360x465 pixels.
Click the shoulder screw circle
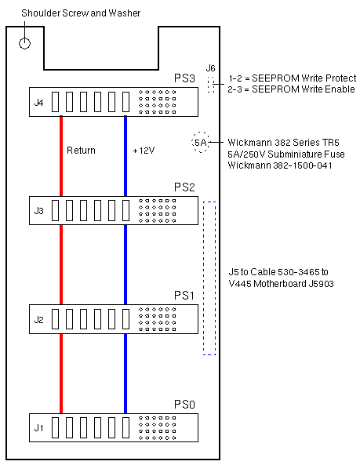[x=24, y=38]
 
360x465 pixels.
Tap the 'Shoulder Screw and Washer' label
[x=81, y=13]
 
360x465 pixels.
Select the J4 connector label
[x=39, y=103]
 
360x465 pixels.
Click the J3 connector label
[x=39, y=211]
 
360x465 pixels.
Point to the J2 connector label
[x=39, y=319]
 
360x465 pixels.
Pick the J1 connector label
[x=39, y=428]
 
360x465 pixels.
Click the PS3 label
[x=184, y=78]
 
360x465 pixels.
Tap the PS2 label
[x=184, y=187]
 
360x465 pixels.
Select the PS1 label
[x=184, y=296]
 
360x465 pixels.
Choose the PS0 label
[x=184, y=404]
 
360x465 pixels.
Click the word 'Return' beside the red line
[x=81, y=151]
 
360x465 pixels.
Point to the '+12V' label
[x=144, y=151]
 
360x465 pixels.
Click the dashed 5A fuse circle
[x=201, y=133]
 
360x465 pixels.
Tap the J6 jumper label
[x=210, y=68]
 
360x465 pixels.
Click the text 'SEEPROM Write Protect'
[x=304, y=78]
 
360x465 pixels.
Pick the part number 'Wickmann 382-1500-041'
[x=280, y=165]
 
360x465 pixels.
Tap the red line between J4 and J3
[x=61, y=156]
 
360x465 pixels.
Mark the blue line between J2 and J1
[x=125, y=373]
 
